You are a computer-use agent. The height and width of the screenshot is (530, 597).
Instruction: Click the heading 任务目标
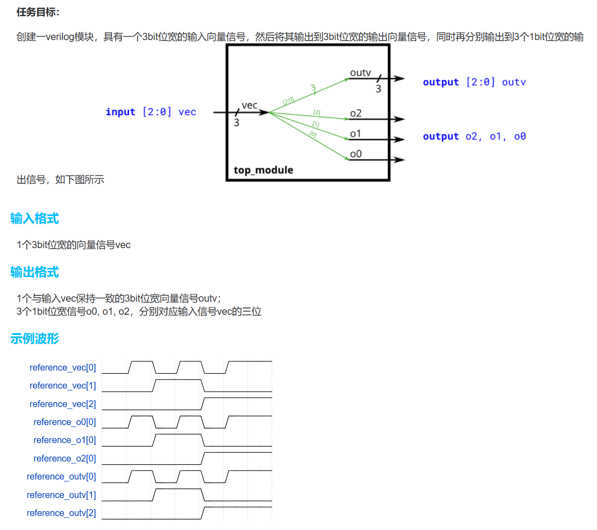38,12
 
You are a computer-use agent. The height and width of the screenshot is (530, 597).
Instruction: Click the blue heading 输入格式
35,219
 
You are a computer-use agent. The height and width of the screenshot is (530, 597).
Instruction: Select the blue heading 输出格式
35,272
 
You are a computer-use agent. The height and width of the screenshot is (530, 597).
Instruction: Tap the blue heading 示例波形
35,339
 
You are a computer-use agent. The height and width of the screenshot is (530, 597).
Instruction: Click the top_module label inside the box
263,170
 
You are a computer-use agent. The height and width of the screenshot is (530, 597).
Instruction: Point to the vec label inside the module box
249,105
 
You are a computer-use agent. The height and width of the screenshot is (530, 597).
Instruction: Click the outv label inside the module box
360,73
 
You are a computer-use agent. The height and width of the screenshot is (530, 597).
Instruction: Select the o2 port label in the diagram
356,113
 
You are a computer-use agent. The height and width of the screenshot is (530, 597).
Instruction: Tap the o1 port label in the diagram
356,134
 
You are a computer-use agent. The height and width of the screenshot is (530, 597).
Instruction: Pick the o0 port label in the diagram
356,154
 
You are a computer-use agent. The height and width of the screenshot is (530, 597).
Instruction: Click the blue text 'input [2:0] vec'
151,112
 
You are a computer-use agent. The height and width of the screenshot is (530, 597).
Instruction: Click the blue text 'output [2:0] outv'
474,82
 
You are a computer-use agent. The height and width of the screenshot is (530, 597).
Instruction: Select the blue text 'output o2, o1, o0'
474,136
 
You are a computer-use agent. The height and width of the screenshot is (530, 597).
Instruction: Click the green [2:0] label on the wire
288,100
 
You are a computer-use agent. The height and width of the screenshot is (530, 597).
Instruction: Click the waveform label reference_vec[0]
63,368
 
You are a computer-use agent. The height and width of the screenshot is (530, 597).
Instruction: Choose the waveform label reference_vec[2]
63,404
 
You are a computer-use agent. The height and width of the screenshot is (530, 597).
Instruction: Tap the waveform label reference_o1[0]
64,440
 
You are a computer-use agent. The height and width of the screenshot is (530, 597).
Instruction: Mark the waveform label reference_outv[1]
61,495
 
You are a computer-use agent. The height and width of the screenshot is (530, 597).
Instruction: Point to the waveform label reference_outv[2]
61,513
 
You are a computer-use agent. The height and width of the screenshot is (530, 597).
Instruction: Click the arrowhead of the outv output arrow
399,79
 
